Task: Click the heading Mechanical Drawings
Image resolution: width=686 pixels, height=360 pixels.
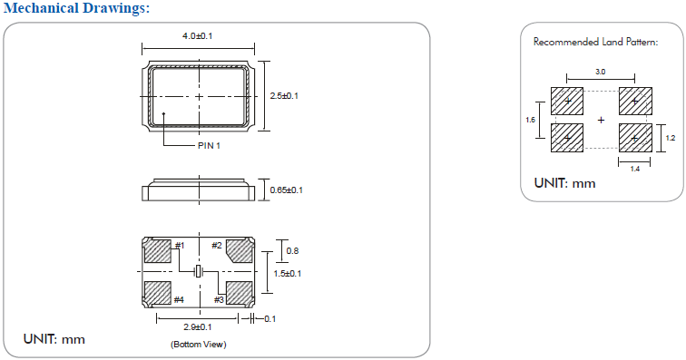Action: (74, 8)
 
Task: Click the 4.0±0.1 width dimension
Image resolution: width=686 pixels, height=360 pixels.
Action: (198, 35)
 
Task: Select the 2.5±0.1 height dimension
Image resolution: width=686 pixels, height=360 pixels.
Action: (285, 95)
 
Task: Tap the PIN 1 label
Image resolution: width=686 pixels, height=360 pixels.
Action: (209, 145)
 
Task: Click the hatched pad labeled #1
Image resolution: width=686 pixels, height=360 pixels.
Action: (158, 250)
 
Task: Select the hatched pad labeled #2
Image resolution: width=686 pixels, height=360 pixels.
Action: (240, 250)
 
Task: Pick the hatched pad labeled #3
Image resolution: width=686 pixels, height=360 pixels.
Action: (239, 293)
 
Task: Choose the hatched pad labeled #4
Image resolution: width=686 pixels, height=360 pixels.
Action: (158, 293)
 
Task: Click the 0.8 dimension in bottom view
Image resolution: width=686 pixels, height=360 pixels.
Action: (291, 250)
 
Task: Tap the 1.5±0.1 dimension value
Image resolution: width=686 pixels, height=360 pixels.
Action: (289, 272)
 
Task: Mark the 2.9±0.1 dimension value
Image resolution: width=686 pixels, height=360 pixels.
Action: (198, 326)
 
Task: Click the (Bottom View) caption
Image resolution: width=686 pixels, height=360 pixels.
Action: (198, 345)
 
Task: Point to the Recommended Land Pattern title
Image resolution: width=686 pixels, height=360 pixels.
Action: (595, 42)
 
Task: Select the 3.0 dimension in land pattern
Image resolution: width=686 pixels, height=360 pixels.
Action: (600, 71)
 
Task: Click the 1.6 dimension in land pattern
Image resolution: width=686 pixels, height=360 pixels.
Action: (531, 119)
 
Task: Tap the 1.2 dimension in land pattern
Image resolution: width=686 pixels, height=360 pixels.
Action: (671, 138)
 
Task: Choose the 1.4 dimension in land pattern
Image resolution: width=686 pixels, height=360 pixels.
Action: (634, 170)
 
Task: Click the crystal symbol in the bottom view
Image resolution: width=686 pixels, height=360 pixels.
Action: (198, 272)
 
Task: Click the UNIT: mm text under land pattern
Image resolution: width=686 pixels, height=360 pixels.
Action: (564, 183)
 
